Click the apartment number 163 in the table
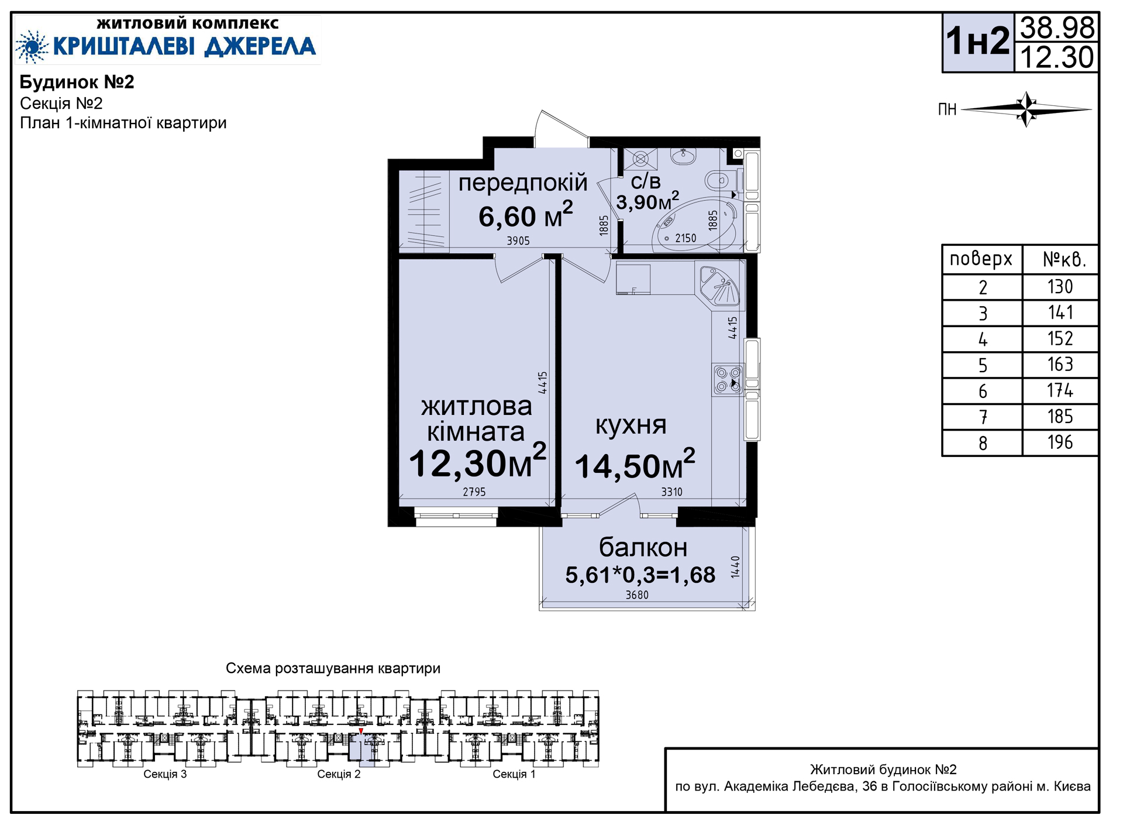1060,365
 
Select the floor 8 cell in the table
983,443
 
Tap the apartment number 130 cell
1060,287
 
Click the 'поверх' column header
981,259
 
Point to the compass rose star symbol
1026,109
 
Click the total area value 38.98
1057,28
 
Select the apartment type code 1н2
978,41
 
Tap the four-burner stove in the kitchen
728,379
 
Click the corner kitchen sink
719,286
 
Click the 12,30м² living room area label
477,461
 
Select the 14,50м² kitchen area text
635,465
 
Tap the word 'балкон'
643,547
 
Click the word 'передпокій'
522,183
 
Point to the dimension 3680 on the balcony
637,595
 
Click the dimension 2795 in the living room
474,492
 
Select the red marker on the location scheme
361,731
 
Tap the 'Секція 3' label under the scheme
165,774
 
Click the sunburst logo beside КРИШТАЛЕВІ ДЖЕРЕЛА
32,46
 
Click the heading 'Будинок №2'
77,82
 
